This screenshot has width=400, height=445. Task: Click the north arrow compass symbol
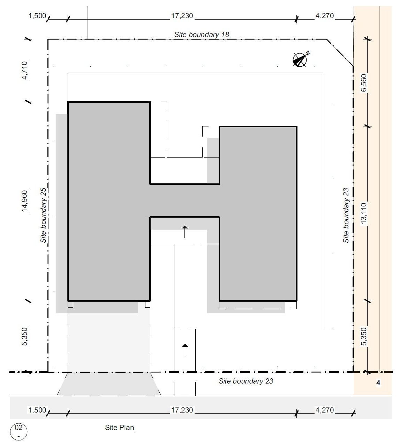(x=301, y=59)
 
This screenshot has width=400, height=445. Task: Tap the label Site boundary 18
(x=202, y=35)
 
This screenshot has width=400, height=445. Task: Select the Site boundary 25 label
(x=43, y=215)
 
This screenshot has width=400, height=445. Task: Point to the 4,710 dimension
(x=24, y=70)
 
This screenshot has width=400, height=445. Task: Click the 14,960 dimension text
(x=24, y=201)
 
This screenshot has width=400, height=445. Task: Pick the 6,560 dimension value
(x=364, y=83)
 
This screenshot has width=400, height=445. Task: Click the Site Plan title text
(x=119, y=428)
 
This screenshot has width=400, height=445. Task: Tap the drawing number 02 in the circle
(x=18, y=427)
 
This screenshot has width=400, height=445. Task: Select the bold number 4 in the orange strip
(x=378, y=383)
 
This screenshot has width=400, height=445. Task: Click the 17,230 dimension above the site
(x=182, y=16)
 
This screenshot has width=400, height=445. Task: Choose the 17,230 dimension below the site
(x=182, y=410)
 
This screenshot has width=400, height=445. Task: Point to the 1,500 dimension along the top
(x=37, y=16)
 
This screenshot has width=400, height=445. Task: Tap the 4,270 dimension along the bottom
(x=324, y=410)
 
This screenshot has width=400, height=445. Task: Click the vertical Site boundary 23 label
(x=346, y=215)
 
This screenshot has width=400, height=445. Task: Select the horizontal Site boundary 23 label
(x=246, y=381)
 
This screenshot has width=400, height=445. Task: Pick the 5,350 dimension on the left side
(x=24, y=336)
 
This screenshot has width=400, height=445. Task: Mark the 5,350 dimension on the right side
(x=364, y=336)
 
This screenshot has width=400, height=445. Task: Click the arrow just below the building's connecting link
(x=185, y=232)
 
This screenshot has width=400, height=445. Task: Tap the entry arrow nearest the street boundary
(x=185, y=350)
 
